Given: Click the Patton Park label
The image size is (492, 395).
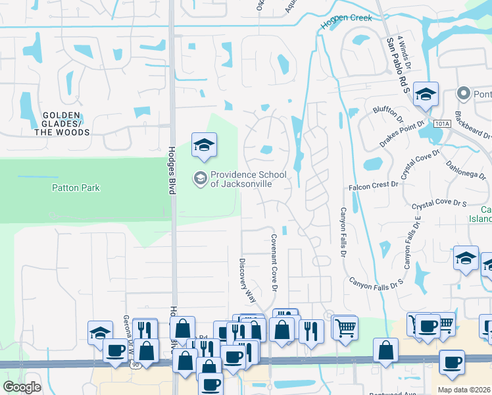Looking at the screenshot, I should coord(76,188).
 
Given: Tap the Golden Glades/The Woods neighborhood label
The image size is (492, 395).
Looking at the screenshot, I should coord(66,124).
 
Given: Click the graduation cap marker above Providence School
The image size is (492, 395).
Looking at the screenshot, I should coord(204,145).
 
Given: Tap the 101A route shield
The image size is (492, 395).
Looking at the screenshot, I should coord(441,124).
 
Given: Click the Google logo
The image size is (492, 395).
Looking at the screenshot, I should coord(21,387).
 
